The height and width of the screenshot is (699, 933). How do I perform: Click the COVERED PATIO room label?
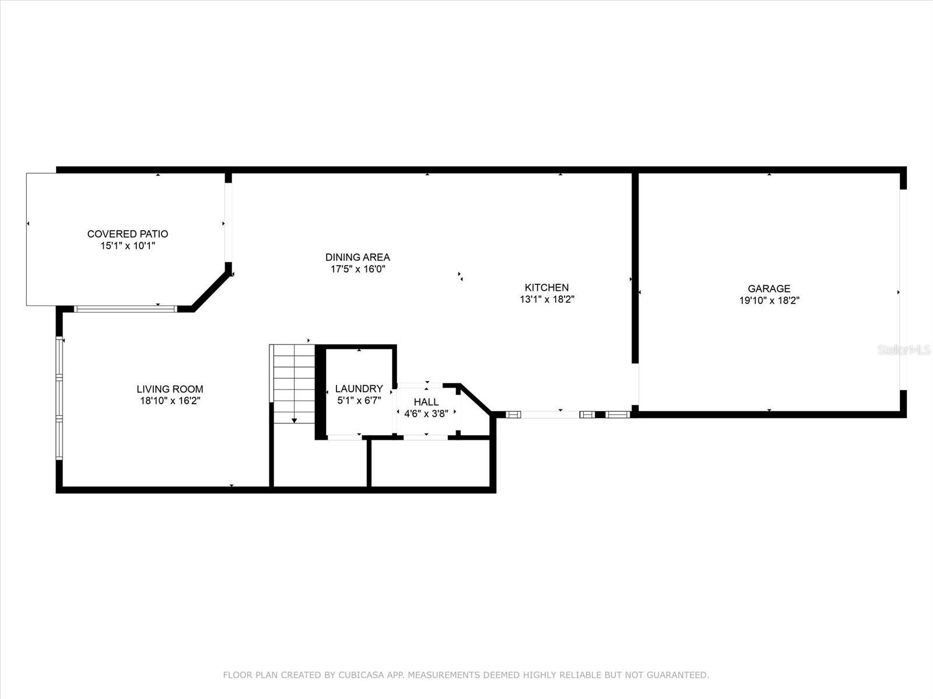pos(128,234)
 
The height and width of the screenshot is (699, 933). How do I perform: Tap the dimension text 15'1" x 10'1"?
pos(128,246)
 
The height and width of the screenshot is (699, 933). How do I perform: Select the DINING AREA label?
pos(357,257)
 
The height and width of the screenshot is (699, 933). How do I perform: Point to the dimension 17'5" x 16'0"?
pos(357,269)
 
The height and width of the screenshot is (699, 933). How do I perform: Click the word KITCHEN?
pos(546,287)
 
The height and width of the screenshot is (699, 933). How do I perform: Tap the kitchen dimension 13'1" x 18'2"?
pos(547,299)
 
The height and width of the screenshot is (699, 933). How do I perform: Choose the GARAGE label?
pos(769,288)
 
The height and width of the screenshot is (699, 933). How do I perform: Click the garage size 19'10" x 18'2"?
pos(769,301)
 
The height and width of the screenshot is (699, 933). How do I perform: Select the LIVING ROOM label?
pos(170,389)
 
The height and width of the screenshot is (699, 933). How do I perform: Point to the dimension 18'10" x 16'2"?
pos(170,401)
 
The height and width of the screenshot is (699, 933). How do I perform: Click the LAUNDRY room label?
pos(359,389)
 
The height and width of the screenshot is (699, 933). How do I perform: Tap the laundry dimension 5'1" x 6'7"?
pos(359,400)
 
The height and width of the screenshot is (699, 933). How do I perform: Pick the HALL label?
pos(426,402)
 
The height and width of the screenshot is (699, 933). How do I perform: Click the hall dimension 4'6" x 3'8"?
pos(426,414)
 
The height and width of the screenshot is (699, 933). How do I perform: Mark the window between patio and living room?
pos(125,309)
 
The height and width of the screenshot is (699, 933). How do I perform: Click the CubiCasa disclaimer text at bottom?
pos(466,675)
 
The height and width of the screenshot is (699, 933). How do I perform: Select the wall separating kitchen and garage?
pos(635,268)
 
